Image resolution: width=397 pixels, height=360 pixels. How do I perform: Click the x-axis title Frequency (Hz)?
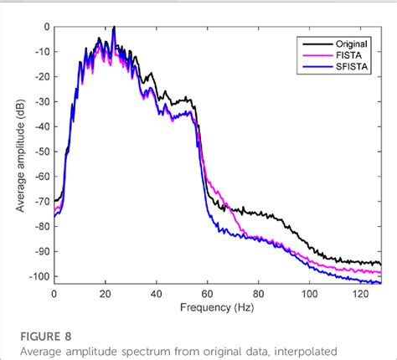point(217,307)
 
